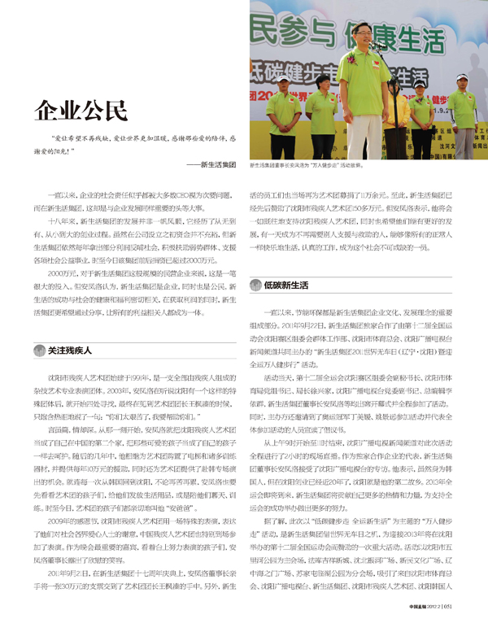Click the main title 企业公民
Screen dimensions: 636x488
(x=82, y=110)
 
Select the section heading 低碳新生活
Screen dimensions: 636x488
(x=285, y=285)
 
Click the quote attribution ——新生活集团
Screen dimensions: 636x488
(x=211, y=165)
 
